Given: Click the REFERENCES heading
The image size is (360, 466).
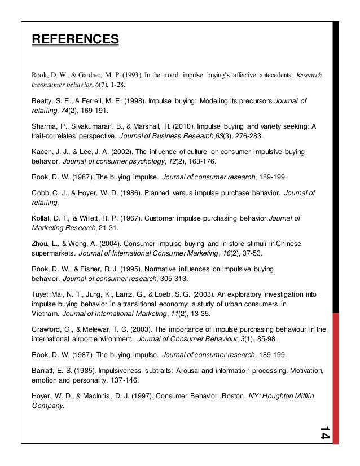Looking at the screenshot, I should (75, 39).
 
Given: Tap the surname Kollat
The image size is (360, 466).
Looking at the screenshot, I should (42, 219).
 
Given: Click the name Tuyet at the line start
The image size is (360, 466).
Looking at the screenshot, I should (42, 294).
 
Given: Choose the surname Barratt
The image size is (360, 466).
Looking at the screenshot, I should (44, 371).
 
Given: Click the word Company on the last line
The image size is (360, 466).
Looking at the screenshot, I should (48, 405).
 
